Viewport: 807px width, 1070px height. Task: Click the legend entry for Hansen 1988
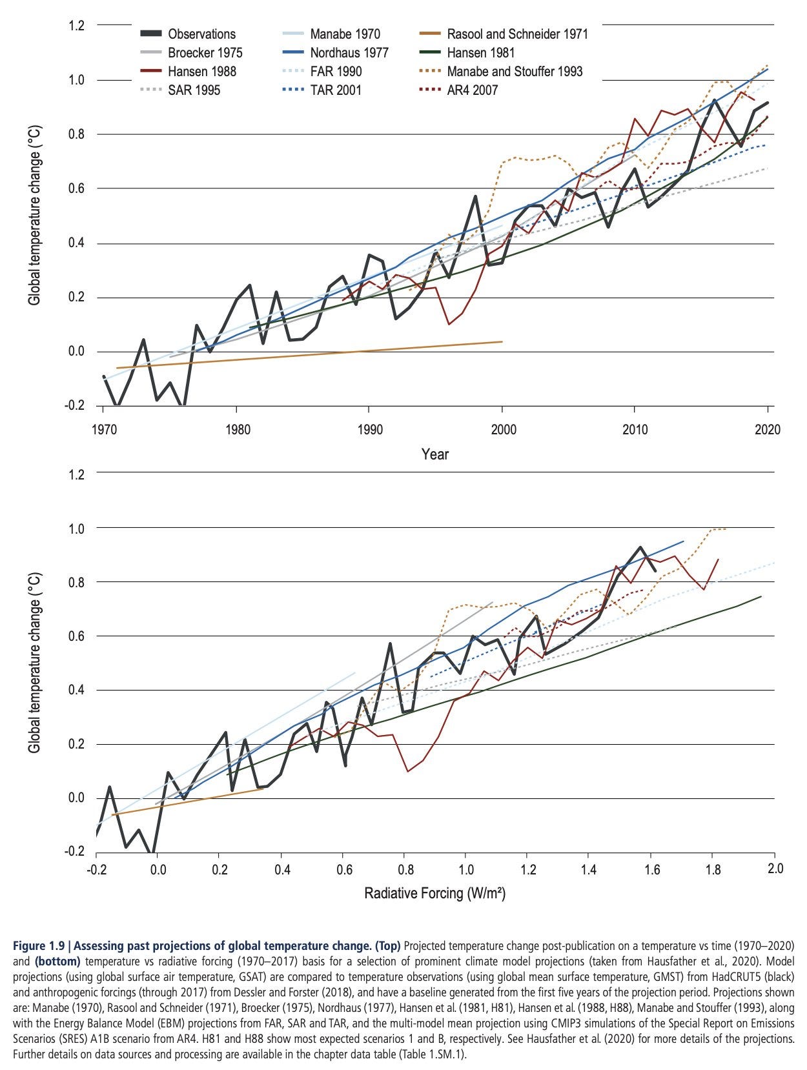coord(201,72)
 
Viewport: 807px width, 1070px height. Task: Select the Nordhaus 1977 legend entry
coord(349,53)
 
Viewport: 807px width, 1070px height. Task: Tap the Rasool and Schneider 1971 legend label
coord(517,34)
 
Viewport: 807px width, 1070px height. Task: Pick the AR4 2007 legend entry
coord(472,90)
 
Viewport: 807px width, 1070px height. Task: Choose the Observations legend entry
coord(201,34)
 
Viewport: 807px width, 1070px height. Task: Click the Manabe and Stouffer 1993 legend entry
coord(515,72)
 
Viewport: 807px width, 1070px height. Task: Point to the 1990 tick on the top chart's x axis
coord(369,430)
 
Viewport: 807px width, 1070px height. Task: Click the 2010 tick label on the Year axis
coord(635,430)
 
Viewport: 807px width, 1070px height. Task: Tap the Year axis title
coord(434,454)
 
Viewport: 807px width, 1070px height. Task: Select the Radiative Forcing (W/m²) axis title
coord(434,893)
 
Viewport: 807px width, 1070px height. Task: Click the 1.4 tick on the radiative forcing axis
coord(587,869)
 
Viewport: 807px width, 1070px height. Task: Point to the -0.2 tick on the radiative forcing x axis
coord(96,869)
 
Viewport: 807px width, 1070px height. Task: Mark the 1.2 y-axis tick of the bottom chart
coord(76,474)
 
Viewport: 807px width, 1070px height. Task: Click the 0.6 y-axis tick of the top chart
coord(76,189)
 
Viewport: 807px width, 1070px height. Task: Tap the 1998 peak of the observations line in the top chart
coord(475,196)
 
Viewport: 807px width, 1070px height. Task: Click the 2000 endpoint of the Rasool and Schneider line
coord(502,341)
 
